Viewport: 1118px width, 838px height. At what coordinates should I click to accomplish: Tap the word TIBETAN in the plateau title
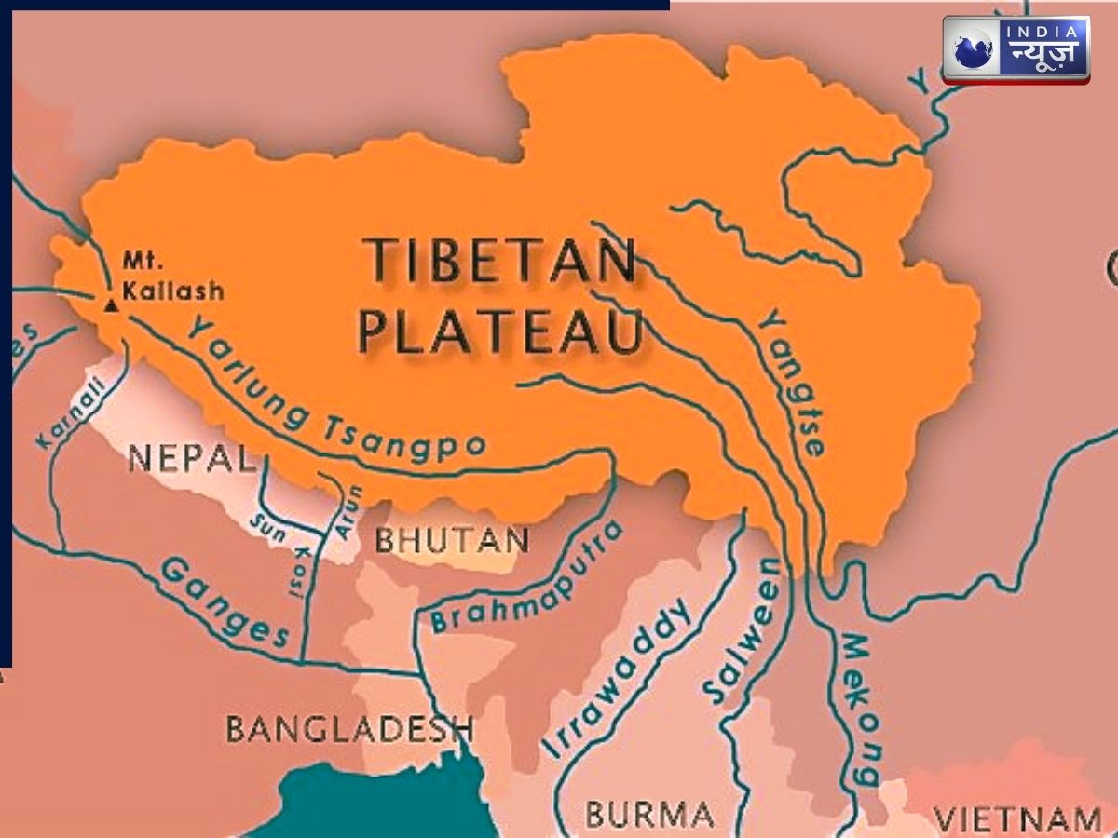tap(498, 262)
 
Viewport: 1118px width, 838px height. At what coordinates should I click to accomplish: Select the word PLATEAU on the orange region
tap(501, 332)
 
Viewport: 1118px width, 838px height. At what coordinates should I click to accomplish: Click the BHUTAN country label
tap(452, 540)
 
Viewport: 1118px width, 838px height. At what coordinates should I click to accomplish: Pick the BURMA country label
tap(648, 812)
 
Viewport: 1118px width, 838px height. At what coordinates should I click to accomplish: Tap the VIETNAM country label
tap(1017, 820)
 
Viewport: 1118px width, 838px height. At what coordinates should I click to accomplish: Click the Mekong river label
tap(861, 710)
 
